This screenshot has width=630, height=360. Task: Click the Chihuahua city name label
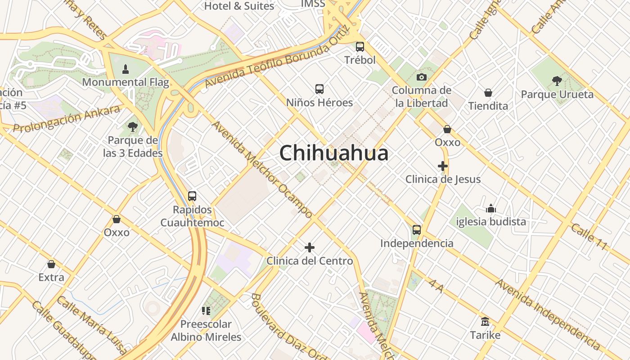click(333, 153)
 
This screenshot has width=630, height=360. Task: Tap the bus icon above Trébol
click(360, 46)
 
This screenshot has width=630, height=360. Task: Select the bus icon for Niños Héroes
click(319, 89)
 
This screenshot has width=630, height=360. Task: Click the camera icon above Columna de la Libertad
click(421, 77)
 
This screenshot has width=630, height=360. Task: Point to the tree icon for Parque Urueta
click(557, 81)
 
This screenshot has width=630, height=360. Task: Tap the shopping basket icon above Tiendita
click(488, 93)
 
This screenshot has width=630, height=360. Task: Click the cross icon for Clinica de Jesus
click(443, 166)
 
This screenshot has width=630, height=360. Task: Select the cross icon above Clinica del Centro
click(310, 247)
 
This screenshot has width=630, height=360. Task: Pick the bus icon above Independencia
click(417, 230)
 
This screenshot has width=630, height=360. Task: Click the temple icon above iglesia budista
click(491, 208)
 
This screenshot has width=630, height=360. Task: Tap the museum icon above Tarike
click(485, 322)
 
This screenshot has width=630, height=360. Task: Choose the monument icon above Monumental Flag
click(126, 69)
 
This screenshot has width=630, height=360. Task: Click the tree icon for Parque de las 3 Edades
click(132, 127)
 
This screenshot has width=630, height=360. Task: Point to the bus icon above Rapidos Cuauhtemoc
click(192, 196)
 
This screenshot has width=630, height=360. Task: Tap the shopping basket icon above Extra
click(51, 264)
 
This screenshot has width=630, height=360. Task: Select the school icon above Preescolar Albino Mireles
click(206, 310)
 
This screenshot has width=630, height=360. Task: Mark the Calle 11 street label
click(589, 237)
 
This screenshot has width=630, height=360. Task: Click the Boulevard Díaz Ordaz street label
click(288, 327)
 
